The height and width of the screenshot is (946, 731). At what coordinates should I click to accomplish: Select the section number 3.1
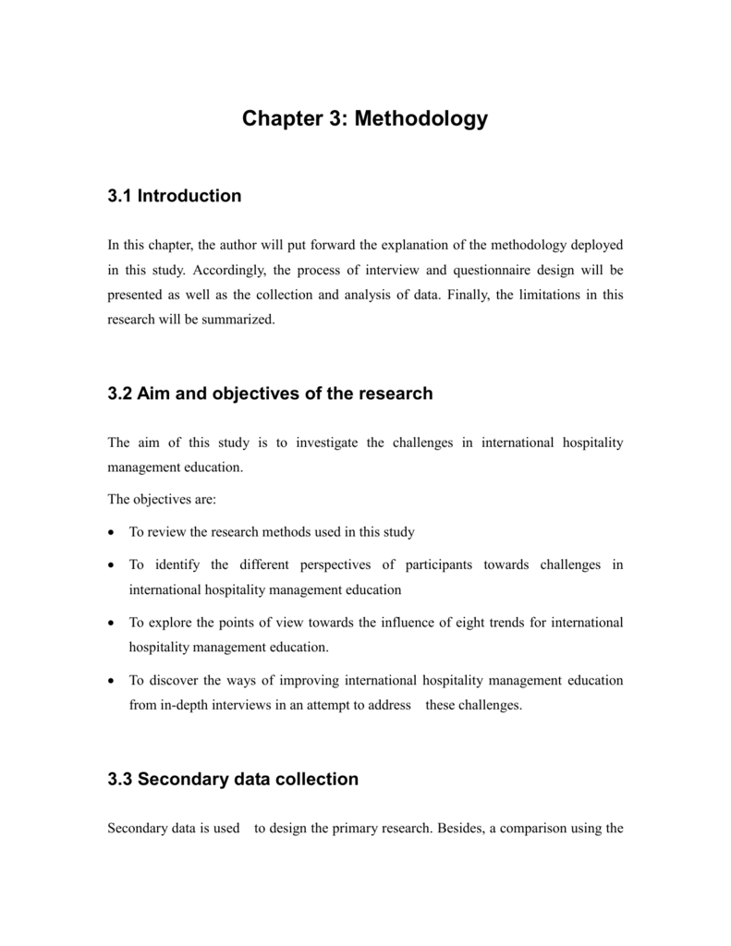[x=120, y=196]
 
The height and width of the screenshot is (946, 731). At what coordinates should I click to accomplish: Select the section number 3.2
[x=120, y=394]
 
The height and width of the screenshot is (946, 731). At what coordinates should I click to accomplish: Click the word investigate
[x=327, y=443]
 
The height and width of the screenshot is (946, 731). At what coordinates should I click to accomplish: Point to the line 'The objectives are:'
[x=162, y=499]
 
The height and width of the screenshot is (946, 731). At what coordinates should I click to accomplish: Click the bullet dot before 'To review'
[x=112, y=533]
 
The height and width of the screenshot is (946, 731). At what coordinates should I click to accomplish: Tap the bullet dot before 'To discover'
[x=112, y=681]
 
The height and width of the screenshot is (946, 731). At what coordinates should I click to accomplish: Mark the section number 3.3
[x=120, y=779]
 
